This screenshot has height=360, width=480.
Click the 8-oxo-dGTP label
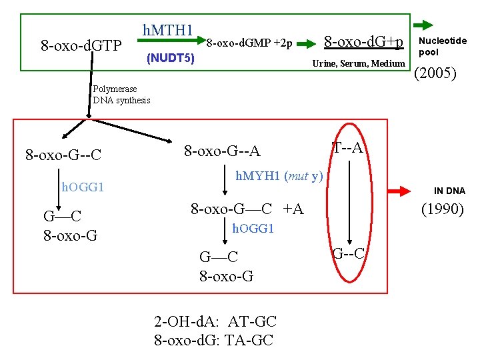coord(81,46)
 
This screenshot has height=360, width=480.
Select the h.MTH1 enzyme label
coord(167,31)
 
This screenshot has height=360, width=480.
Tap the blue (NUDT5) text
coord(171,59)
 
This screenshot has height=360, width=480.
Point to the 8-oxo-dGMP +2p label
coord(249,43)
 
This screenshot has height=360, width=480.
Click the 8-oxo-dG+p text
coord(363,42)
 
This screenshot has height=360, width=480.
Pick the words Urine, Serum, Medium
coord(359,63)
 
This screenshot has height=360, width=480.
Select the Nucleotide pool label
coord(442,46)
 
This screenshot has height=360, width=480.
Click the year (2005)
coord(435,72)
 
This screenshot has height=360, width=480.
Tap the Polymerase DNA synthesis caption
coord(121,95)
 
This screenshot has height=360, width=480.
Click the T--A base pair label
coord(347,147)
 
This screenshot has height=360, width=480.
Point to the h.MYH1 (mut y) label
coord(279,177)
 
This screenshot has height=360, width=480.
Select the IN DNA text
coord(449,191)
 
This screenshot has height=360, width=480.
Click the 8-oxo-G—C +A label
coord(247,209)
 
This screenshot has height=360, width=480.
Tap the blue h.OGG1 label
coord(83,187)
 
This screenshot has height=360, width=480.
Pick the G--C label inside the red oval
coord(348,253)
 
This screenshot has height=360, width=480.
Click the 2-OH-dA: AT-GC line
coord(215,323)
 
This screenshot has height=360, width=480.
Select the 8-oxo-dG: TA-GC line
coord(213,340)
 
